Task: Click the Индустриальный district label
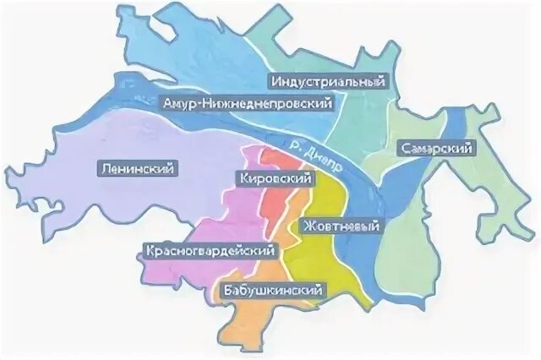pos(328,81)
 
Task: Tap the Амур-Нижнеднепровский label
pos(244,103)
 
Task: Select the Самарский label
pos(435,148)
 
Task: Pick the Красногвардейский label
pos(211,251)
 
